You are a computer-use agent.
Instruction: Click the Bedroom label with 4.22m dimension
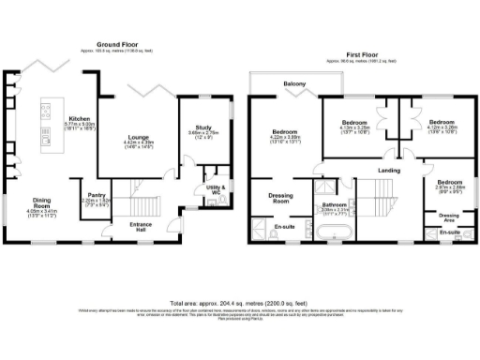[285, 133]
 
